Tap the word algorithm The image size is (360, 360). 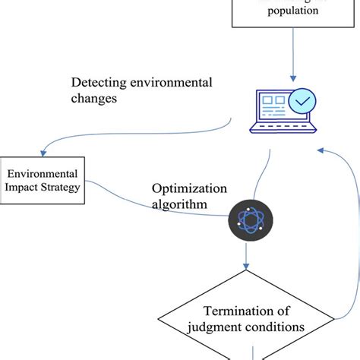pyautogui.click(x=180, y=205)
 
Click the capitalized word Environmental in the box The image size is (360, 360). pyautogui.click(x=43, y=173)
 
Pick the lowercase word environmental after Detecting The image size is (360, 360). pyautogui.click(x=171, y=82)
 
